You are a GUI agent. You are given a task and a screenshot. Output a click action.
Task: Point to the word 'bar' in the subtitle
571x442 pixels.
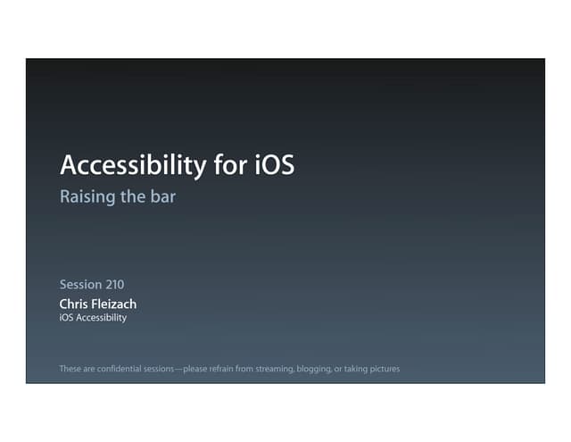(x=161, y=197)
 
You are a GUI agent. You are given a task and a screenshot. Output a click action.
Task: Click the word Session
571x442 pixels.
(x=80, y=285)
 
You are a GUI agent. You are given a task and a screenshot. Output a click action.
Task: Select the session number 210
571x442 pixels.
(x=114, y=285)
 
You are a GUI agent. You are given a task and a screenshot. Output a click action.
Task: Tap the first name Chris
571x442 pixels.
(x=75, y=304)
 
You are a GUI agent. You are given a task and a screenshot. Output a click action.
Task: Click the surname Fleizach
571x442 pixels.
(x=115, y=304)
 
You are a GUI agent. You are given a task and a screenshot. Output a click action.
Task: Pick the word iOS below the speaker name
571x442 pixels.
(x=67, y=318)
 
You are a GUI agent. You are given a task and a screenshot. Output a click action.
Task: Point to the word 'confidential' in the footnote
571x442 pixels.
(x=121, y=368)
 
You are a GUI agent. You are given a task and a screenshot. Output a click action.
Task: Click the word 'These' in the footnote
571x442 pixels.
(x=70, y=368)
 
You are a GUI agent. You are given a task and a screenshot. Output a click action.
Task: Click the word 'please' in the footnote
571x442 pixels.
(x=198, y=368)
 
